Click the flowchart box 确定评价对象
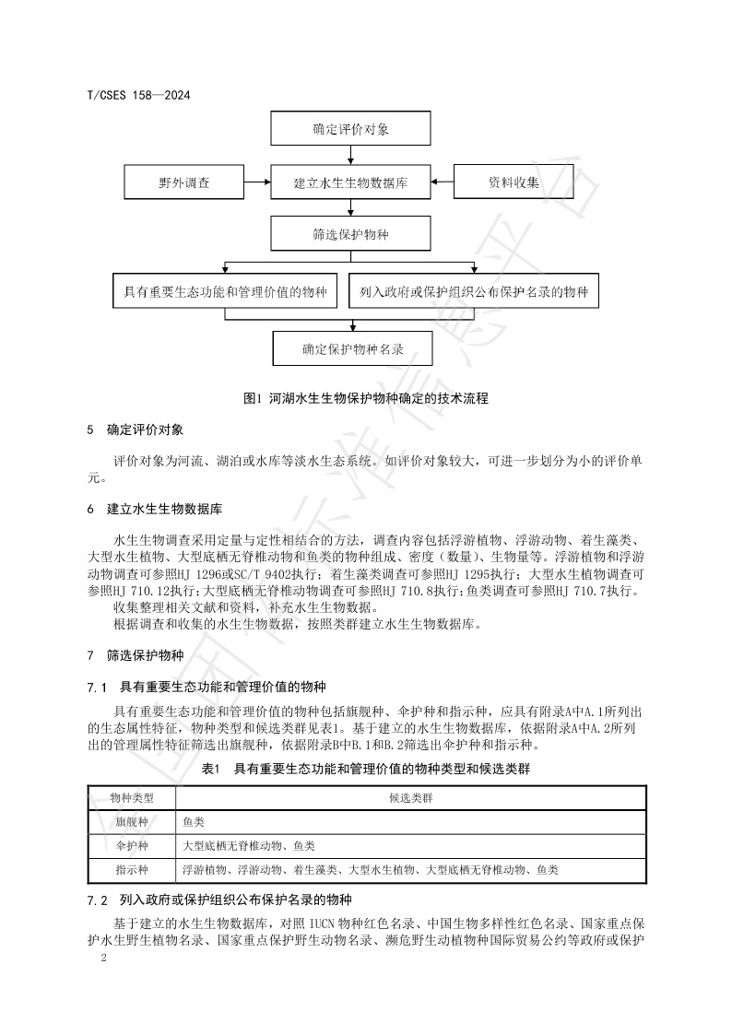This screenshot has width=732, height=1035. click(350, 129)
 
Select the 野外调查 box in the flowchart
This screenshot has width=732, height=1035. click(184, 182)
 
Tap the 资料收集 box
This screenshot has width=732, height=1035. click(514, 182)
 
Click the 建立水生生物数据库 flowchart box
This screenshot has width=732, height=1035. click(350, 182)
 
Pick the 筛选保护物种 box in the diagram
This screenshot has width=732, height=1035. click(350, 235)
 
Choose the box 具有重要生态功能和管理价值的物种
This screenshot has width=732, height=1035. click(225, 293)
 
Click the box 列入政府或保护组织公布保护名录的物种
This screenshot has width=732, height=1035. click(475, 293)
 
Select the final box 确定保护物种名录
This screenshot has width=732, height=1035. click(353, 349)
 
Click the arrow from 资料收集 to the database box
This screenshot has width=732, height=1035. click(443, 182)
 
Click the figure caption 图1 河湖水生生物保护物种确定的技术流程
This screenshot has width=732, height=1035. click(365, 398)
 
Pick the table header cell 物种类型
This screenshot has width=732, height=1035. click(131, 797)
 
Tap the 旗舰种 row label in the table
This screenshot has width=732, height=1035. click(131, 821)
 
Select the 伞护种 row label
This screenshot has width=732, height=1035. click(131, 845)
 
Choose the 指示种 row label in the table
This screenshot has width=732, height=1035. click(131, 869)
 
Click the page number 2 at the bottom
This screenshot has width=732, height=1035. click(103, 959)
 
